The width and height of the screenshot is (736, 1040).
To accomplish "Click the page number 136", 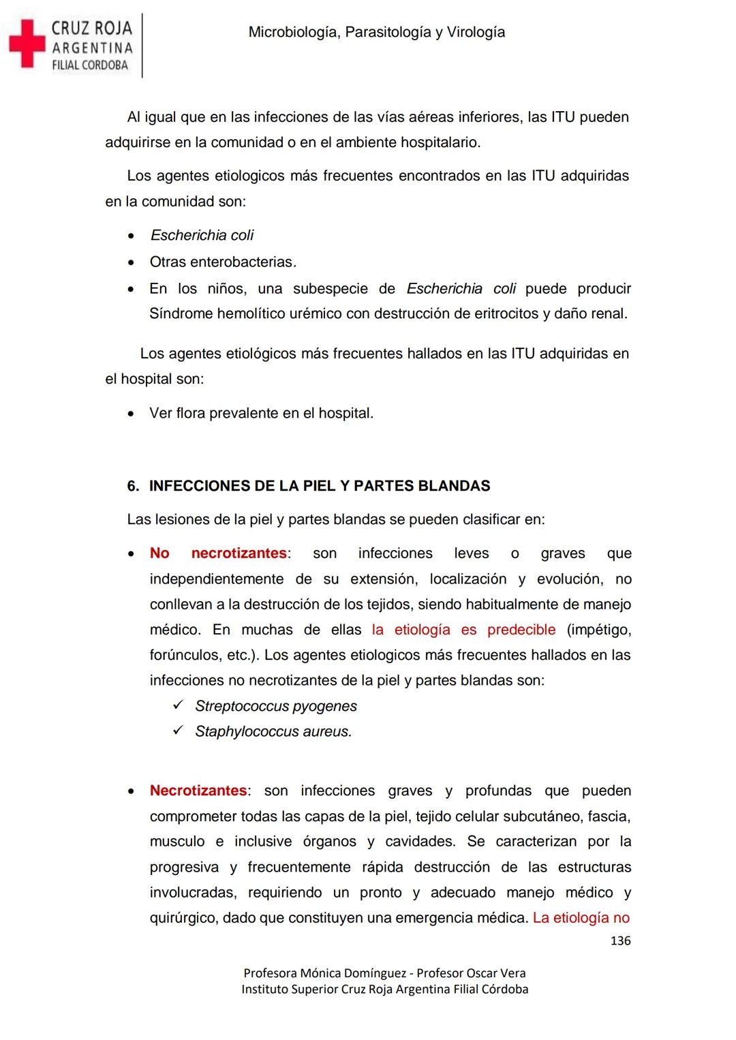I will click(x=620, y=940).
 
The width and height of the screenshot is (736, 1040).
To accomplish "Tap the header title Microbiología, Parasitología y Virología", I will click(x=377, y=32).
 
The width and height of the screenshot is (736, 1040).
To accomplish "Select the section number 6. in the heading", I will click(x=134, y=486).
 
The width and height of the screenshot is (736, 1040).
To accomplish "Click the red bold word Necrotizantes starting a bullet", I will click(x=198, y=791).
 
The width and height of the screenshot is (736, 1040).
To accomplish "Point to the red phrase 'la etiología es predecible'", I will click(x=463, y=630).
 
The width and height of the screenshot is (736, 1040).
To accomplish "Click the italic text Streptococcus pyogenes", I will click(x=276, y=706).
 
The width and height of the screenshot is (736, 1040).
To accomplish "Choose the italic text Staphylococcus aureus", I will click(x=273, y=731).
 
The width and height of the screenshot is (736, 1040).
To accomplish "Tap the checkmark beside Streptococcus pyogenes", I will click(x=179, y=705).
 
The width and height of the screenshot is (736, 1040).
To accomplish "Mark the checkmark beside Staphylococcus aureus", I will click(x=179, y=731).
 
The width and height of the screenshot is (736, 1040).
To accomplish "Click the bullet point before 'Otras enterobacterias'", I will click(x=132, y=262).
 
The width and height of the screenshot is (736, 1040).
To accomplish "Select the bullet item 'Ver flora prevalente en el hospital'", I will click(x=261, y=413).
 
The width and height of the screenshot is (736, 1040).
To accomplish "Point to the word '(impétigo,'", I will click(x=598, y=630).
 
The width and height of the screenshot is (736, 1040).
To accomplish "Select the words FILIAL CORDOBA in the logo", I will click(x=90, y=65).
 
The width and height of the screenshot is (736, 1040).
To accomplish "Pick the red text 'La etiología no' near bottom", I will click(x=581, y=918).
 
